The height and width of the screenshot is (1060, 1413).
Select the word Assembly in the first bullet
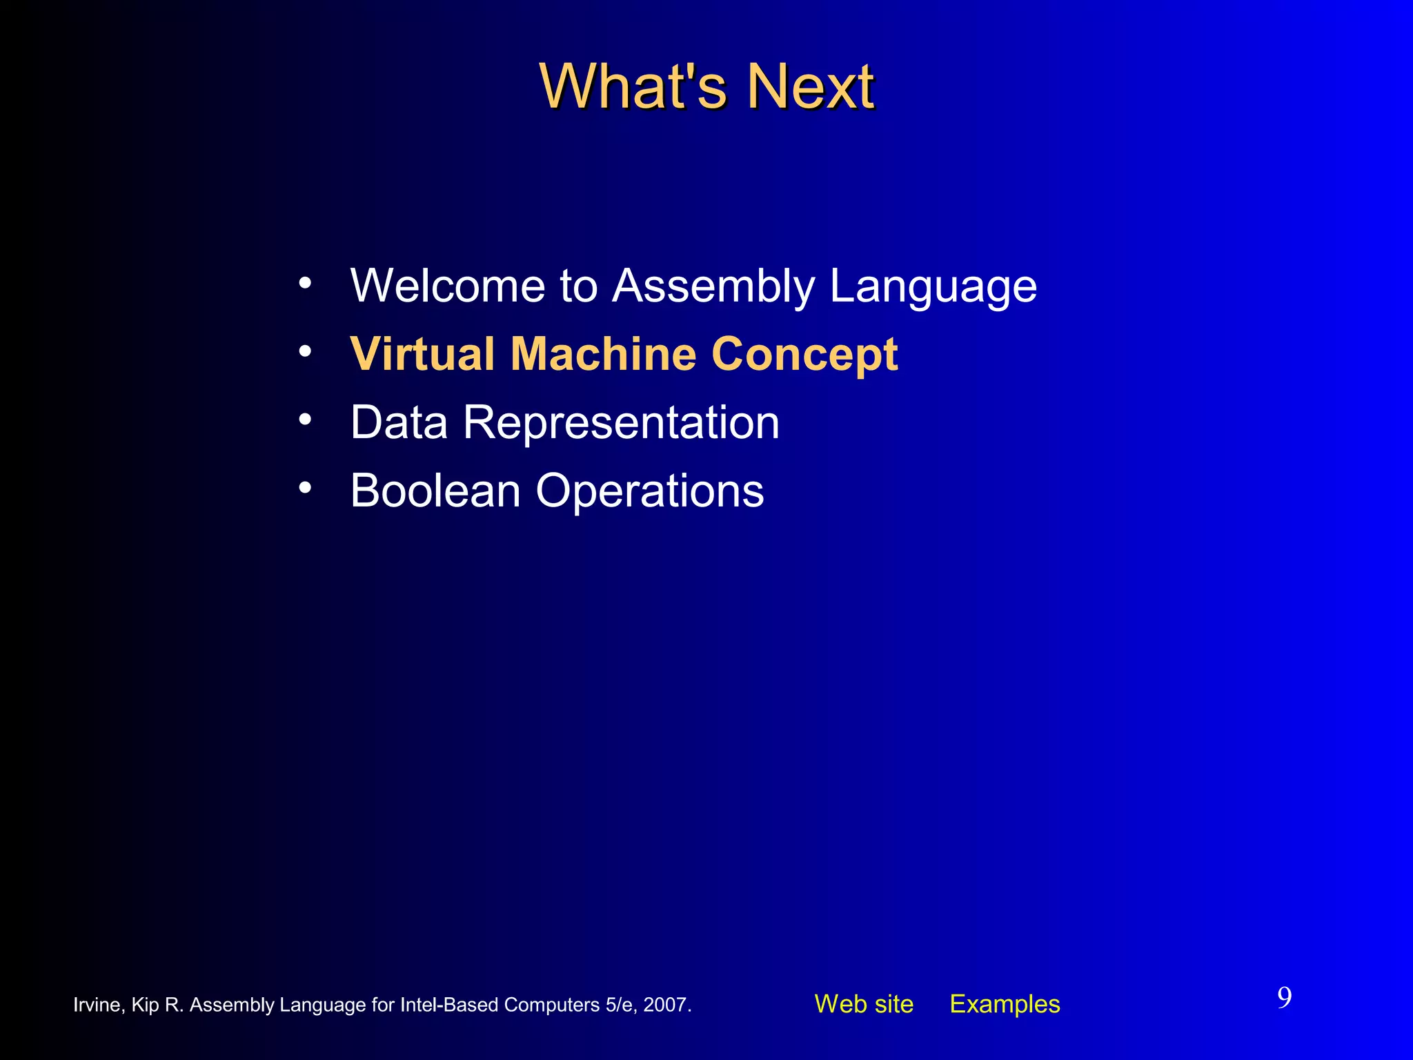tap(713, 286)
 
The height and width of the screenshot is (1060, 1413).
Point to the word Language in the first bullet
tap(933, 286)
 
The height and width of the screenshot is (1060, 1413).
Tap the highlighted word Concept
tap(804, 355)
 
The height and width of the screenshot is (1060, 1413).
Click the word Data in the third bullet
tap(399, 422)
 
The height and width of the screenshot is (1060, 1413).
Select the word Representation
tap(621, 423)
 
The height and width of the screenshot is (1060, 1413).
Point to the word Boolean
tap(435, 490)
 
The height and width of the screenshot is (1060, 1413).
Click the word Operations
tap(649, 491)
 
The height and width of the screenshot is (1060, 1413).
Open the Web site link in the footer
tap(863, 1003)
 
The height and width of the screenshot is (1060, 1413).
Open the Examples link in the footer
tap(1005, 1003)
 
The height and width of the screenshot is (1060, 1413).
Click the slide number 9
tap(1284, 998)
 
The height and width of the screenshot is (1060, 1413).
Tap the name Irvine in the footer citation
tap(97, 1005)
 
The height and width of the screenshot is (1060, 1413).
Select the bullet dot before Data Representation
tap(305, 419)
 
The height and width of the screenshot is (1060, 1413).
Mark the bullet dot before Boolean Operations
tap(305, 487)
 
